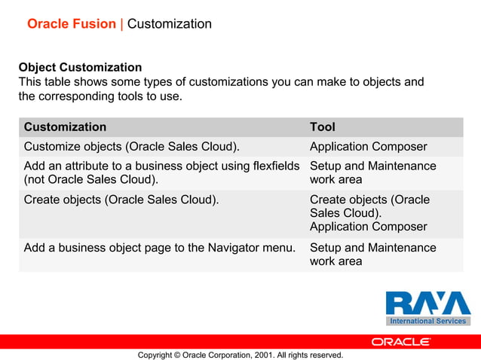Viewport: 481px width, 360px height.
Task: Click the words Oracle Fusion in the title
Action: click(72, 24)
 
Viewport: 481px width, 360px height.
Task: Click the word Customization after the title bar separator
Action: click(170, 24)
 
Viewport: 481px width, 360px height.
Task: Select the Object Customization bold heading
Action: click(80, 68)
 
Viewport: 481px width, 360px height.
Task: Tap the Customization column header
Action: click(66, 127)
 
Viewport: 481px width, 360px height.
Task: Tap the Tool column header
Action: click(323, 127)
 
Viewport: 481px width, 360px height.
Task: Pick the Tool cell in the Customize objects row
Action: click(368, 147)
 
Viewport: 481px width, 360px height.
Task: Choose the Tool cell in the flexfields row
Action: click(372, 172)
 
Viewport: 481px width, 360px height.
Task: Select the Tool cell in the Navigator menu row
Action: click(372, 255)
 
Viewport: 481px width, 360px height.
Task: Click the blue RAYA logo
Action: click(427, 303)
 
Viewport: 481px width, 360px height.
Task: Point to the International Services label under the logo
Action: click(427, 321)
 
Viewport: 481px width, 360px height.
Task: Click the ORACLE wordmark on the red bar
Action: click(401, 341)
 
